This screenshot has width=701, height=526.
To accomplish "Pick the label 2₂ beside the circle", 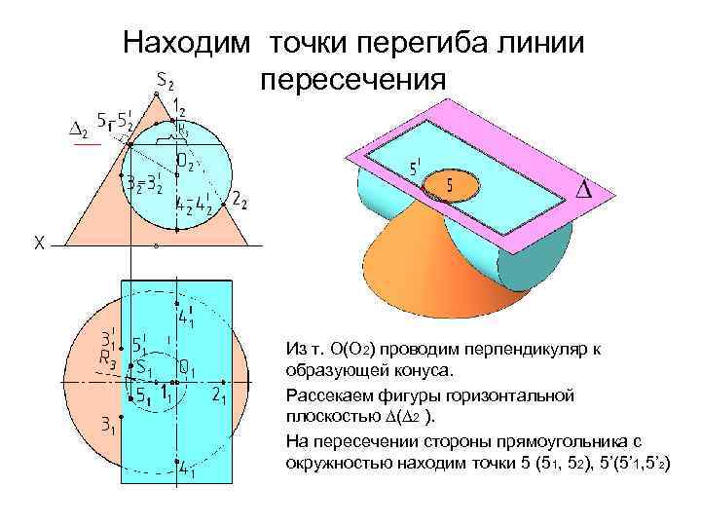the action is click(x=240, y=201).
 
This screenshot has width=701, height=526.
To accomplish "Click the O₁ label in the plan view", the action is click(x=189, y=369).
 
